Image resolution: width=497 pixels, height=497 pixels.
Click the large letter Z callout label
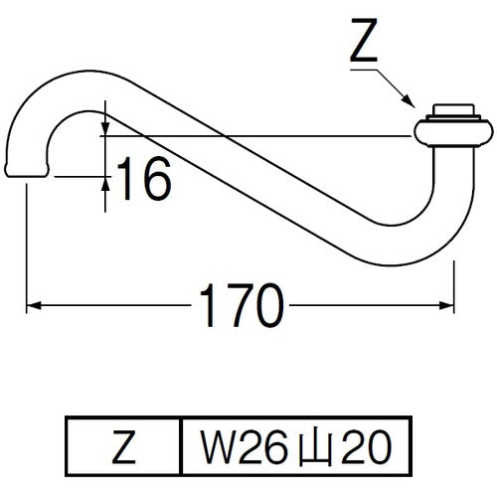point(364,41)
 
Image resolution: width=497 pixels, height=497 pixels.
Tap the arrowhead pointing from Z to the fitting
point(409,100)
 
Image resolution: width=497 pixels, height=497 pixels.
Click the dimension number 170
point(242,305)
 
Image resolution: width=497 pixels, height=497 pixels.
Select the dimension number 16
point(144,179)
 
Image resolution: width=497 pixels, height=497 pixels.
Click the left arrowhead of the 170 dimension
point(34,305)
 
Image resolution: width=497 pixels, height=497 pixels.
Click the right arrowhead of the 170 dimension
point(446,305)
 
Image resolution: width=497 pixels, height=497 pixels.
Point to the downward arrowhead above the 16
point(105,128)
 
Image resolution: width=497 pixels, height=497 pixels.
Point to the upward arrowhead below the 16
point(105,184)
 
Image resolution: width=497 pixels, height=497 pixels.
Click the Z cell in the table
point(123,446)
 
